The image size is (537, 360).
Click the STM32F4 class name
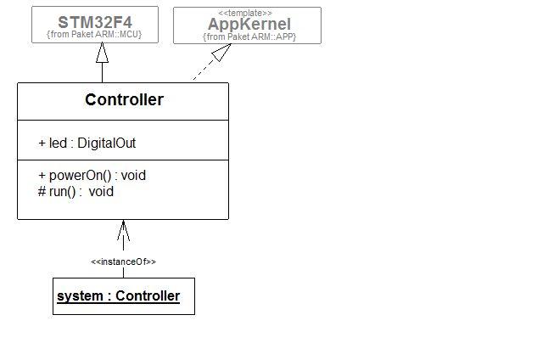pyautogui.click(x=94, y=21)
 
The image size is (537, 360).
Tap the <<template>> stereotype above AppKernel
pyautogui.click(x=246, y=13)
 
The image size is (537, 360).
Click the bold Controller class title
pyautogui.click(x=124, y=100)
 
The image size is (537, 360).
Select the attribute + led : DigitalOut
pyautogui.click(x=87, y=143)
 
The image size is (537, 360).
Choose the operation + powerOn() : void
pyautogui.click(x=92, y=175)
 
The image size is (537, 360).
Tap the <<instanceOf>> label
pyautogui.click(x=123, y=262)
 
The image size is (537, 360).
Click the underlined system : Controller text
pyautogui.click(x=118, y=296)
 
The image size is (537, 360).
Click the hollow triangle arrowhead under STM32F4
pyautogui.click(x=103, y=53)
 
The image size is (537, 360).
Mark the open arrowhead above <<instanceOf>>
pyautogui.click(x=123, y=229)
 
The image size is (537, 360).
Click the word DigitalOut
pyautogui.click(x=106, y=143)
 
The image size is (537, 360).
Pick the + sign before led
pyautogui.click(x=42, y=143)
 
